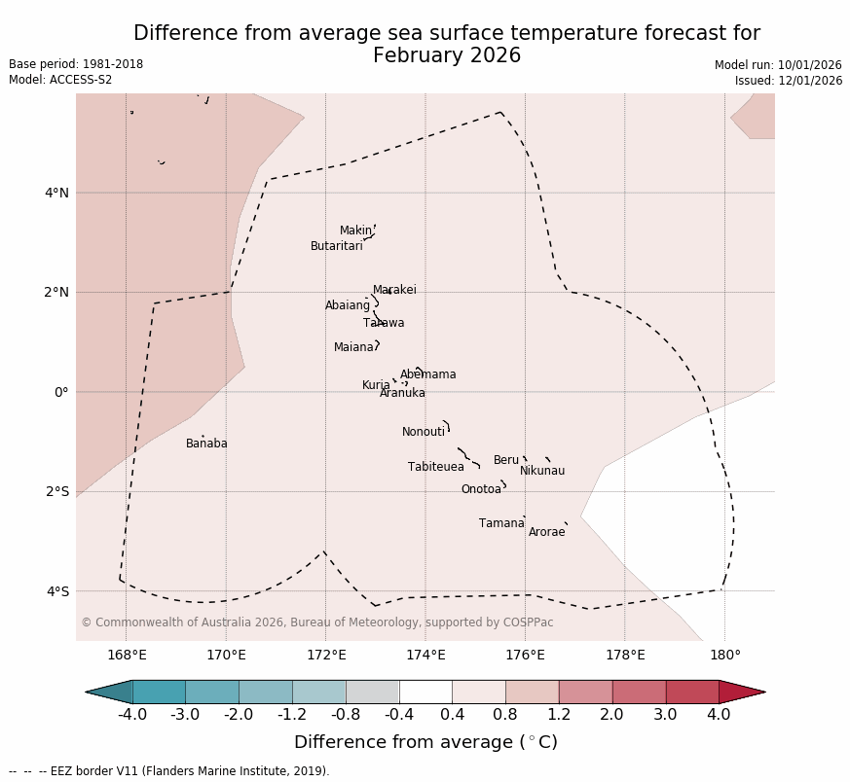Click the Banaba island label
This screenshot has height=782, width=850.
[206, 444]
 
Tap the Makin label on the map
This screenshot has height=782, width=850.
[355, 231]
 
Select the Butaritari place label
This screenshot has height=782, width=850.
[336, 246]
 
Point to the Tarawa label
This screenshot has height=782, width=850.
[384, 323]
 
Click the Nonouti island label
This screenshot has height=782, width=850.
[424, 432]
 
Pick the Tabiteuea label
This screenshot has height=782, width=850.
[435, 467]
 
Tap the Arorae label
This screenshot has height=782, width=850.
[546, 532]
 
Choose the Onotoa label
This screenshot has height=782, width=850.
[481, 489]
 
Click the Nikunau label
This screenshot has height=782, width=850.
[542, 471]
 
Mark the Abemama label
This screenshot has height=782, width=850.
[427, 374]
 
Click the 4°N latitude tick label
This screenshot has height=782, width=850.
[56, 193]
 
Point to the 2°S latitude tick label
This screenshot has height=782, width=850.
[56, 491]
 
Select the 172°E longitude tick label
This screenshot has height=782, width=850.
[325, 655]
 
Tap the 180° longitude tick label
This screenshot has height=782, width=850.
[724, 655]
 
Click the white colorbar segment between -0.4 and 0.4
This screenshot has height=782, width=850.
[425, 692]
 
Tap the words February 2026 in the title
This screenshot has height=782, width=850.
[447, 55]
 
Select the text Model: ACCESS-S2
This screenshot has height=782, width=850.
[60, 80]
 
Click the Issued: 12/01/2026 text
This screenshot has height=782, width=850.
[788, 81]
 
